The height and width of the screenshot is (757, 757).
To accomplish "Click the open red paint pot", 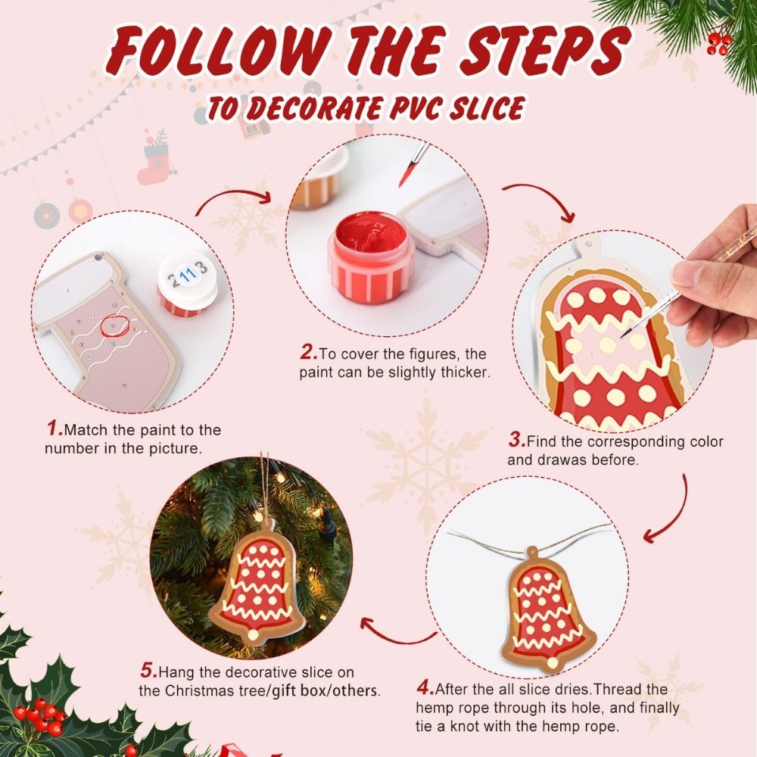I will tap(372, 245).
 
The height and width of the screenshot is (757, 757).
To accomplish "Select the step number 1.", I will tap(54, 429).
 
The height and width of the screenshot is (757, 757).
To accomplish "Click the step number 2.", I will tap(307, 352).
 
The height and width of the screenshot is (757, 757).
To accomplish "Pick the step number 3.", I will tap(516, 440).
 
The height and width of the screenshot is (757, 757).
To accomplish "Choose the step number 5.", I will tap(148, 671).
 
